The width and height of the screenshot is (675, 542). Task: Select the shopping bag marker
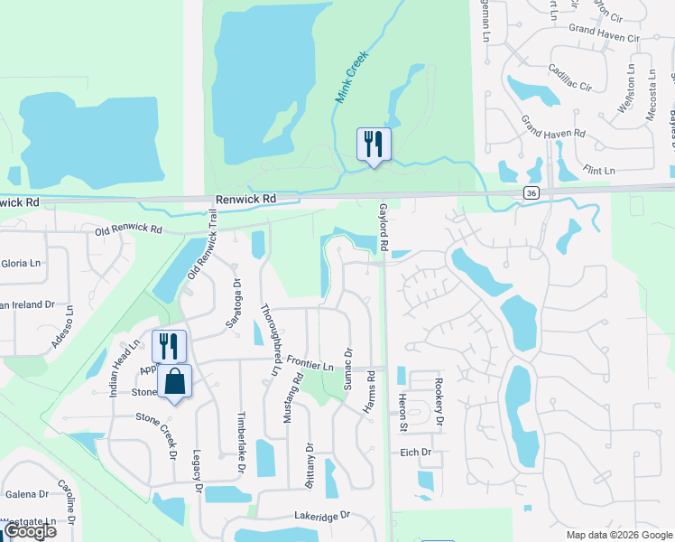click(176, 382)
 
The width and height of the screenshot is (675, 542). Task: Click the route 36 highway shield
click(531, 193)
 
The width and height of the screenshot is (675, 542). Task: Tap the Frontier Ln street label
click(310, 363)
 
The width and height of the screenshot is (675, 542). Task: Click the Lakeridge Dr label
click(321, 515)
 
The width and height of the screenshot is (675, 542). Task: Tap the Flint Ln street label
click(598, 170)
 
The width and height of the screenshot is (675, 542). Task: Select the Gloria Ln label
click(22, 263)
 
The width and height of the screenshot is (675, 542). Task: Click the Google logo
click(30, 531)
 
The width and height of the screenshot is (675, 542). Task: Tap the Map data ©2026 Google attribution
click(618, 535)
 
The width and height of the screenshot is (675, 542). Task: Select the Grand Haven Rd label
click(554, 133)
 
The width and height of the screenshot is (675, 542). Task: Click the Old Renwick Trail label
click(201, 255)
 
